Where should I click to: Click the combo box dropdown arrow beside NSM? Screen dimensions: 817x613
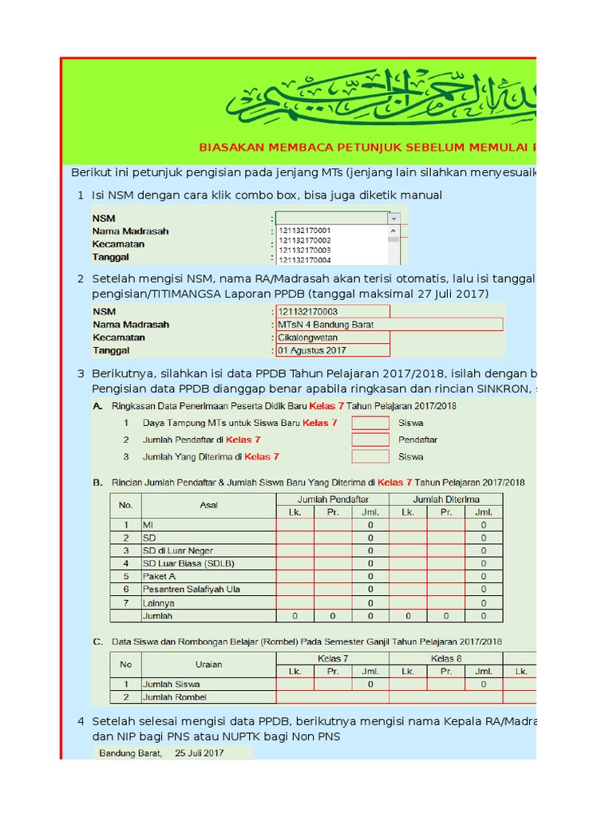click(x=393, y=218)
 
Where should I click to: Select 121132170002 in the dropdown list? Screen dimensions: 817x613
click(x=304, y=240)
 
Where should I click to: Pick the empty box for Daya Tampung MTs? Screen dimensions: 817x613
click(x=370, y=423)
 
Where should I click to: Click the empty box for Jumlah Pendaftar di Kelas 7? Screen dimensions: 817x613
click(x=370, y=440)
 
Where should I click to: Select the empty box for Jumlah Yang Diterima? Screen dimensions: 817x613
click(x=370, y=456)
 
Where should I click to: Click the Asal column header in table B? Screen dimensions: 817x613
click(x=208, y=505)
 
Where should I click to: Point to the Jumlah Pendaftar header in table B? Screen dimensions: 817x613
click(x=333, y=499)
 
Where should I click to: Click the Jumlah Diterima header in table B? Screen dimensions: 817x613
click(x=445, y=499)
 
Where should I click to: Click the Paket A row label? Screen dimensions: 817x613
click(x=159, y=576)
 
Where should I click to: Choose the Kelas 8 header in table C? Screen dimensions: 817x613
click(x=446, y=658)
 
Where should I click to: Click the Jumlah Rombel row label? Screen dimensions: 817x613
click(x=174, y=697)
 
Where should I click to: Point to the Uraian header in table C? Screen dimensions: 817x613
click(x=208, y=665)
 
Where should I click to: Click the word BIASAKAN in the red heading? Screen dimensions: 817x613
click(x=228, y=147)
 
